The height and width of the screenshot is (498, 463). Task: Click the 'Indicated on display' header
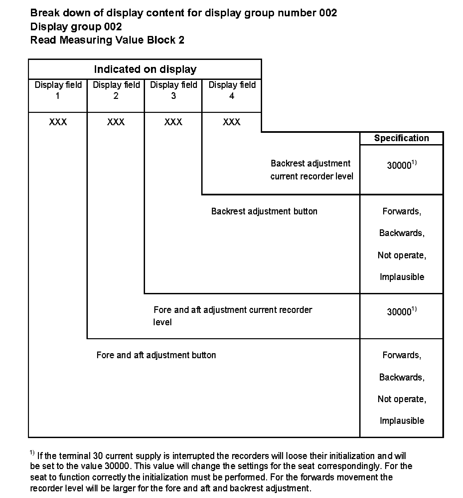pos(145,69)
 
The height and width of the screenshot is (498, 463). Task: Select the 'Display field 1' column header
pos(58,90)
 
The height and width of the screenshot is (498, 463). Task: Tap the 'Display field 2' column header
pos(116,90)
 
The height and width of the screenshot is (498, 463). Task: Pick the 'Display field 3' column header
pos(174,90)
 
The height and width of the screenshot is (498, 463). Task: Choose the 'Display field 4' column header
pos(232,90)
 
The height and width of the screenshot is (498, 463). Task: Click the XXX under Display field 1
pos(58,122)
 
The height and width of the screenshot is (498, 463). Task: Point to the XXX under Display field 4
pos(231,122)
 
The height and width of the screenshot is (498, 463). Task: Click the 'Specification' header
pos(401,138)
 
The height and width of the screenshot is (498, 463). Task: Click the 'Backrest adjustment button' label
pos(264,211)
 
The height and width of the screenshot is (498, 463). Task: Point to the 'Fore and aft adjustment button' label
pos(156,355)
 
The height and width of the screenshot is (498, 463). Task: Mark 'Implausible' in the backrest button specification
pos(402,277)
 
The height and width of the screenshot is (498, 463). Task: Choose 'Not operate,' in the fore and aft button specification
pos(402,399)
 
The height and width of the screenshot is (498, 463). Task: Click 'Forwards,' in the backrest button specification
pos(402,211)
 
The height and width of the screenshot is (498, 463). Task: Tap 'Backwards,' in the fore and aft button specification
pos(402,377)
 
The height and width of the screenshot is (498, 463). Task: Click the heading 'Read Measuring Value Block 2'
pos(107,40)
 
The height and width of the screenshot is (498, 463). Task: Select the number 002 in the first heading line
pos(328,13)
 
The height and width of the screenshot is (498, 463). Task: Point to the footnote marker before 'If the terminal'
pos(32,453)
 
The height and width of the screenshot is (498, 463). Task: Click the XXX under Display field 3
pos(173,122)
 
